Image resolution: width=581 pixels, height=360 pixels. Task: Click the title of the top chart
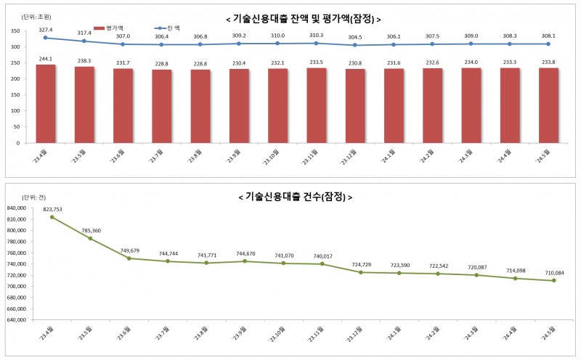pos(304,18)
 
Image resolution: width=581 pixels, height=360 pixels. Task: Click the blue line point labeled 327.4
pos(46,38)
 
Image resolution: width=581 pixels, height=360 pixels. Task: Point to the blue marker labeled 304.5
pos(355,45)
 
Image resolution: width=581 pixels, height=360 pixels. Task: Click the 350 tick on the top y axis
pos(15,31)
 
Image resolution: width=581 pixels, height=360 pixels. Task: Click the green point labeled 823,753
pos(52,217)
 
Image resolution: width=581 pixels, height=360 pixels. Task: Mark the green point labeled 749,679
pos(129,258)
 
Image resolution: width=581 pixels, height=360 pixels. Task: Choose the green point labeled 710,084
pos(553,280)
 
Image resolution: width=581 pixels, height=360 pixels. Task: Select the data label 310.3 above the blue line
pos(317,35)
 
